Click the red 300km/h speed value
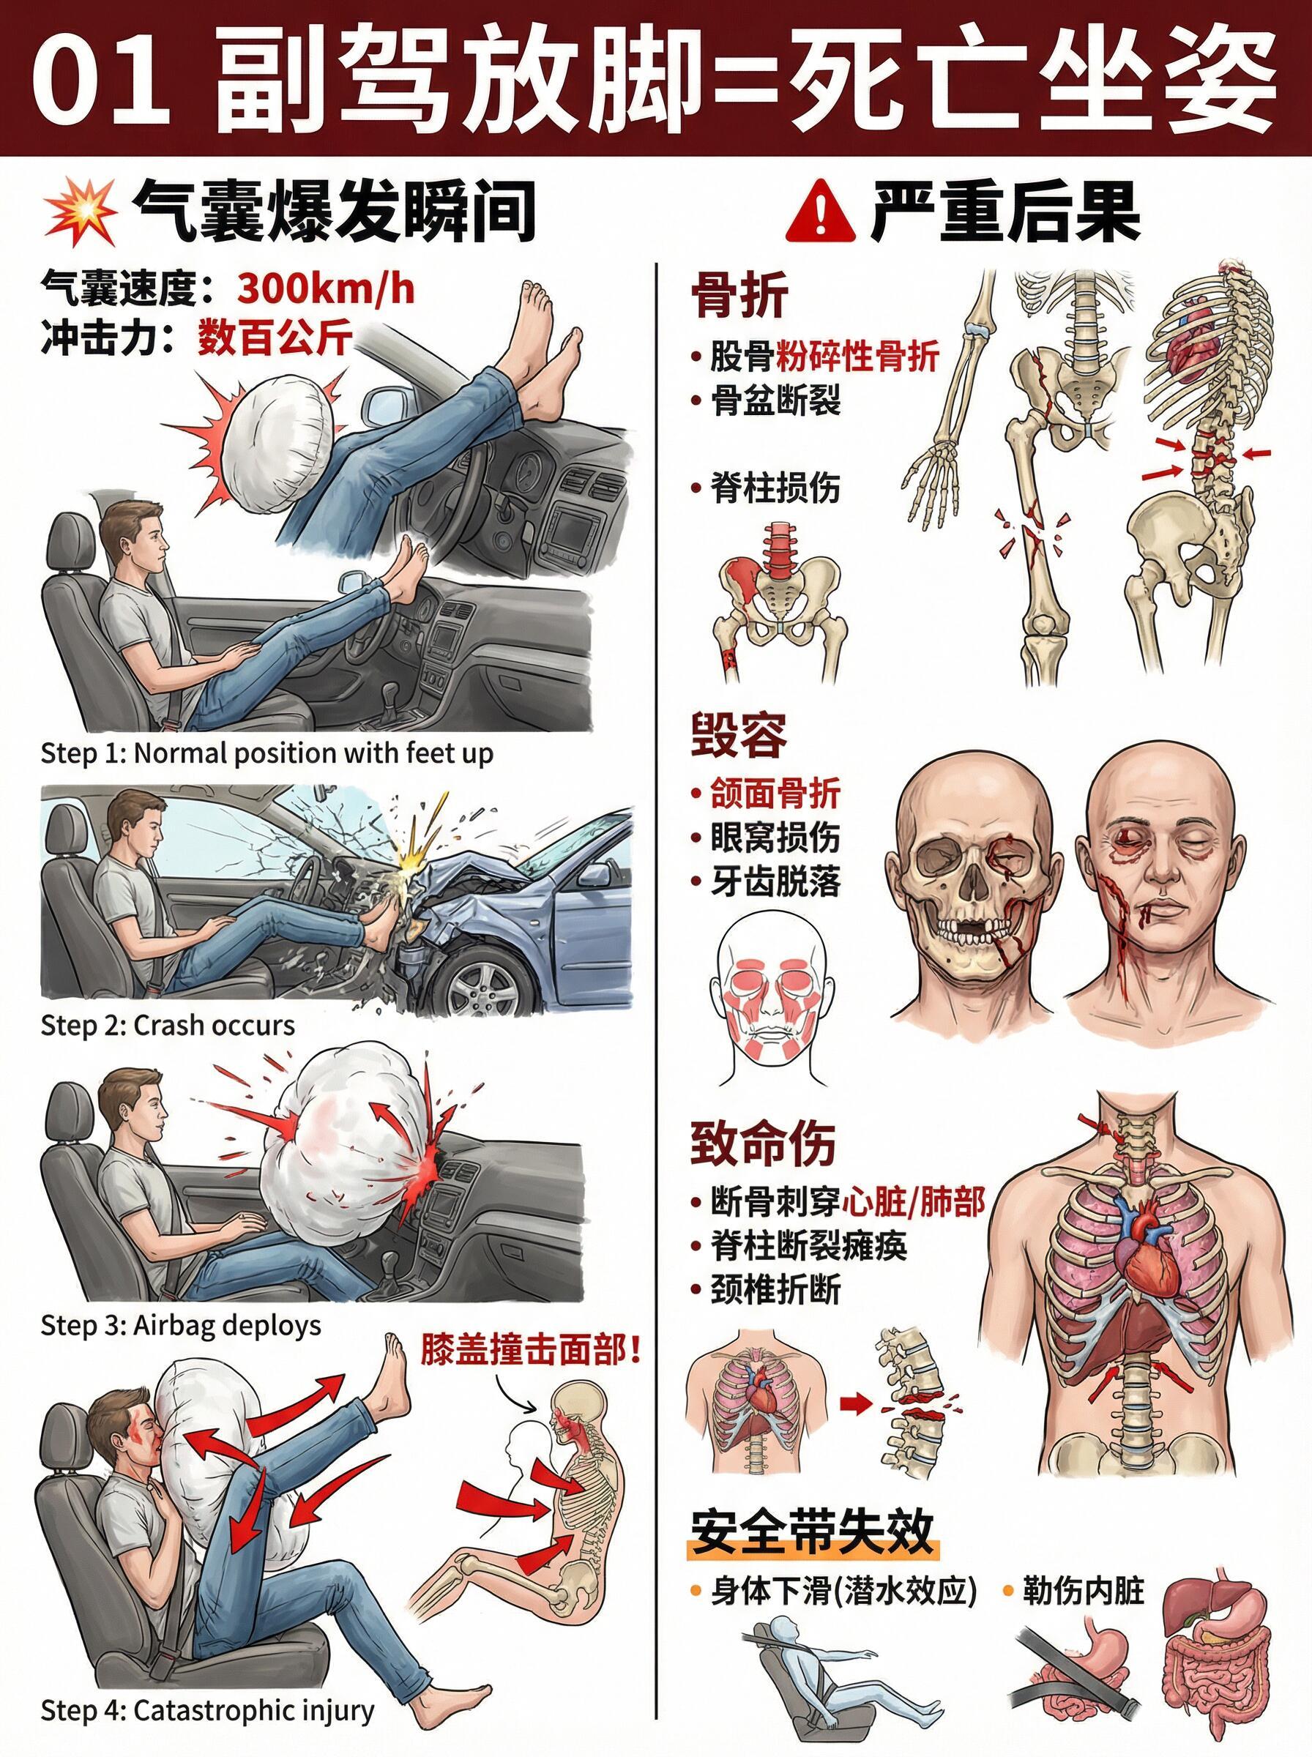click(326, 289)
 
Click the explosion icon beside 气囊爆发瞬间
click(81, 211)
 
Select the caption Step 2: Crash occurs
click(168, 1025)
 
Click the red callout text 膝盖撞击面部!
click(531, 1351)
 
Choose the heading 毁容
click(739, 736)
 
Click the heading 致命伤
click(762, 1144)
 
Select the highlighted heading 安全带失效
click(812, 1532)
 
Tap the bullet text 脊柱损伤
click(775, 487)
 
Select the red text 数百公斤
click(274, 338)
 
